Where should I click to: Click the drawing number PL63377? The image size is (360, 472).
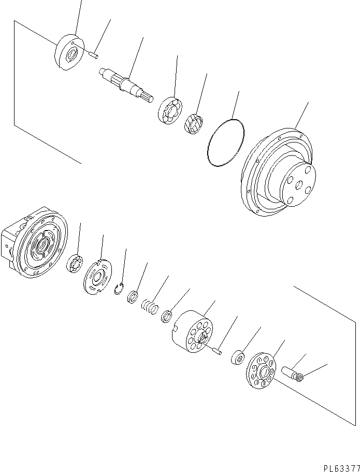click(340, 467)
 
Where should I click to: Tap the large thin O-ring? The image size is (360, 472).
click(225, 143)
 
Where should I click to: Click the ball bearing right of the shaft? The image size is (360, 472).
click(170, 110)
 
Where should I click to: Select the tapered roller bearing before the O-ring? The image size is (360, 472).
click(193, 123)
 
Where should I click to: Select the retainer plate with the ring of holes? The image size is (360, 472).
click(262, 372)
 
